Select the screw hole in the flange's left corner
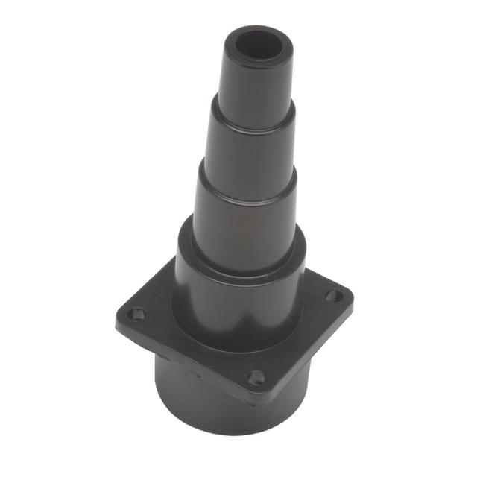tap(135, 314)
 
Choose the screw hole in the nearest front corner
tap(256, 377)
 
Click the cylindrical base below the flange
tap(201, 395)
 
